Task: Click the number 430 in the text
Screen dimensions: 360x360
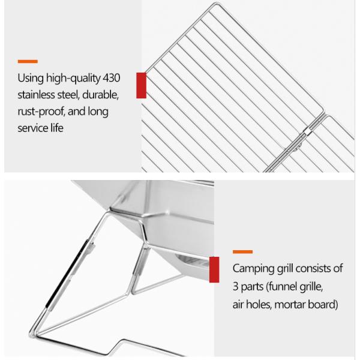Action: [112, 78]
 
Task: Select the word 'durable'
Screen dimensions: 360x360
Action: [100, 95]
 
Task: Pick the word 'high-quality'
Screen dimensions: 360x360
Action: [73, 78]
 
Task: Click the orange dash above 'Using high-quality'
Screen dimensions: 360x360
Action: [28, 61]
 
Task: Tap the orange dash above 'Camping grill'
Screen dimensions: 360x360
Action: [242, 252]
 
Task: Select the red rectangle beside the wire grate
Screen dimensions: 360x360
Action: [141, 85]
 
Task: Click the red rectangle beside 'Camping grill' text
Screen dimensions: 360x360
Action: [214, 269]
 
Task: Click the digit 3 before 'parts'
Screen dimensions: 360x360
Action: [235, 287]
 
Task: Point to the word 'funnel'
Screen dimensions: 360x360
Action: [281, 286]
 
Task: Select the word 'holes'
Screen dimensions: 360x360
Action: [259, 304]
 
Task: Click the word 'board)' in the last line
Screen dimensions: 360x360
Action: [323, 305]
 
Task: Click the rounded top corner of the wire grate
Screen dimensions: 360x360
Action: [217, 3]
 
